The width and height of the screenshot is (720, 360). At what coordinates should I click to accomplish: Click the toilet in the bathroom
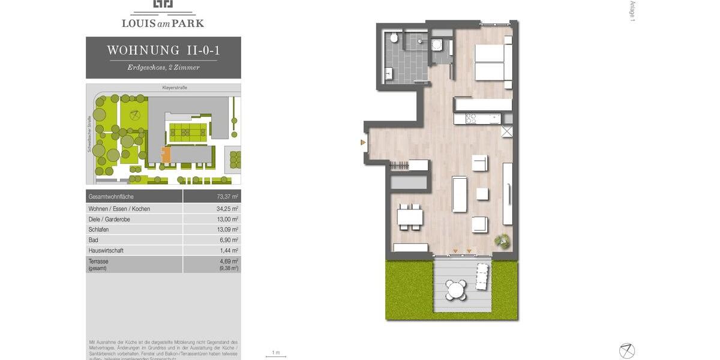pos(394,38)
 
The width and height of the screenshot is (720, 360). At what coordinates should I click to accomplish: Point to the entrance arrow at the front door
pos(362,142)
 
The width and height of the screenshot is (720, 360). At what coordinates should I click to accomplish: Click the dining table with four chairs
pos(410,217)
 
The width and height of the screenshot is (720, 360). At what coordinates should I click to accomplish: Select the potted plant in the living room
pos(502,241)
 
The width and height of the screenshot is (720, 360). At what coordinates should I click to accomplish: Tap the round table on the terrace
pos(457,290)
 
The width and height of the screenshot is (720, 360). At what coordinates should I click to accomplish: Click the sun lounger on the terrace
pos(482,277)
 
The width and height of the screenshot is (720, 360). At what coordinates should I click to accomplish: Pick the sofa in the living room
pos(460,194)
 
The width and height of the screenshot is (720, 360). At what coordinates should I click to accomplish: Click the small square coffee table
pos(482,194)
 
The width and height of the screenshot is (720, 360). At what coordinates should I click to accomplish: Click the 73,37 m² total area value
pos(227,197)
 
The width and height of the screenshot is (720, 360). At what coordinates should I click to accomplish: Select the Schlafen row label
pos(98,230)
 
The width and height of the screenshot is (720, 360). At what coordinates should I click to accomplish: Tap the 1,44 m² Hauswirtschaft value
pos(228,250)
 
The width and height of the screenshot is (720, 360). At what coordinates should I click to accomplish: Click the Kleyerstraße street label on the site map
pos(175,88)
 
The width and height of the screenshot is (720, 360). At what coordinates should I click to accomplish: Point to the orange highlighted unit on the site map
pos(166,155)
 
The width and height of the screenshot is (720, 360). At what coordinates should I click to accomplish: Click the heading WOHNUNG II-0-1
pos(163,50)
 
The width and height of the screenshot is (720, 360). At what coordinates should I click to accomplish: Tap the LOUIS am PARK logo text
pos(163,23)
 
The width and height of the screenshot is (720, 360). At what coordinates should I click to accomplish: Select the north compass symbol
pos(627,350)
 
